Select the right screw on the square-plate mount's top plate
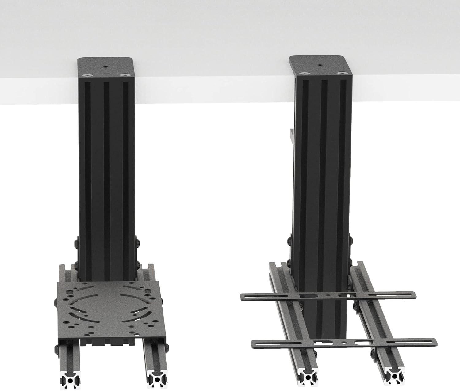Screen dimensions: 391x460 coord(124,74)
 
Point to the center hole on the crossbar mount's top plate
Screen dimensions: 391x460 coord(320,65)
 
